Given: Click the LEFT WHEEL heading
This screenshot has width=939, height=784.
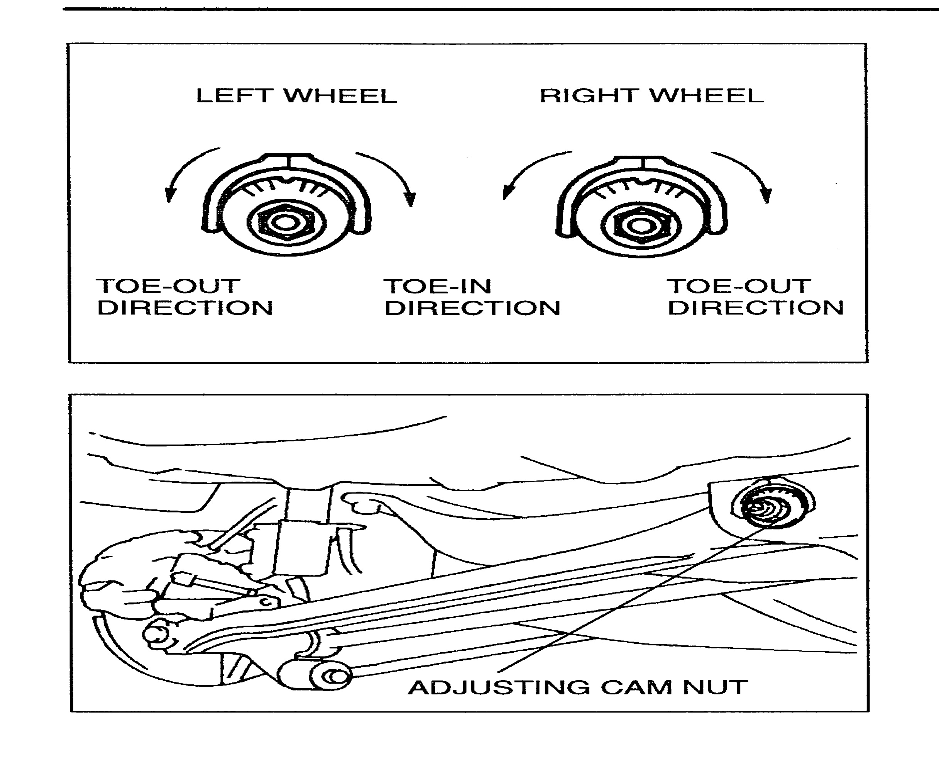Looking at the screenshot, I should (296, 96).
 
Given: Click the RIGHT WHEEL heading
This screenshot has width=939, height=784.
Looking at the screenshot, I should (651, 96).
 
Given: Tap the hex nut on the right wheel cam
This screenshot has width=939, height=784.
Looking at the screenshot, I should (641, 226).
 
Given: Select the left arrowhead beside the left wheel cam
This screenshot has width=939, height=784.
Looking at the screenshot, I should (169, 195).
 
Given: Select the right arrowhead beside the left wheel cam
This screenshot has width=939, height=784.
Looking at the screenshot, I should (409, 199).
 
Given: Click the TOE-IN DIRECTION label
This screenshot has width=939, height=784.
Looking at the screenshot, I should (472, 297).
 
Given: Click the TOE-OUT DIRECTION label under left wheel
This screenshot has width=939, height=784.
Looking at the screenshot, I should (184, 297).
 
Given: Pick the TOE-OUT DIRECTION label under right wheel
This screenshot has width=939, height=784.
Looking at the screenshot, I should (755, 297).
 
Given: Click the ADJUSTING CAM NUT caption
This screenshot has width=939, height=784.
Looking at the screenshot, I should (578, 688).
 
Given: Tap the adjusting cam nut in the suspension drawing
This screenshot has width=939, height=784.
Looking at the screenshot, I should (770, 506).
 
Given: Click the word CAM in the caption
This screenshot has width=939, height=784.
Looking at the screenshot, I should (636, 688).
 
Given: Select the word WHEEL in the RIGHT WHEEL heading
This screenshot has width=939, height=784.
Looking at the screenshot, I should (707, 96).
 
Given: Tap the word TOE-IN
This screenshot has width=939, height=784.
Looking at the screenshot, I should (437, 287).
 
